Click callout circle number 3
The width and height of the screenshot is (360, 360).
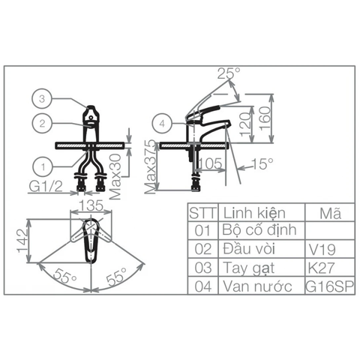point(42,98)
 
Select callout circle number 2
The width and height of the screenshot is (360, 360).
point(42,123)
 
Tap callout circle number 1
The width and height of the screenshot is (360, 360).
point(43,166)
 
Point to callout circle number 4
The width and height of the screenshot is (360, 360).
point(162,123)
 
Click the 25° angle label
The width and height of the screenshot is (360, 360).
point(229,73)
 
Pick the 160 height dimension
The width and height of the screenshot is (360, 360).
point(265,118)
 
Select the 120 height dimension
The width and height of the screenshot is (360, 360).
point(245,124)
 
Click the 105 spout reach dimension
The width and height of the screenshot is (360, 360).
point(211,163)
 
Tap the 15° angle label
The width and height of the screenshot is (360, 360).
point(262,164)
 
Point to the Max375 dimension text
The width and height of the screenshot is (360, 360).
point(151,166)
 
